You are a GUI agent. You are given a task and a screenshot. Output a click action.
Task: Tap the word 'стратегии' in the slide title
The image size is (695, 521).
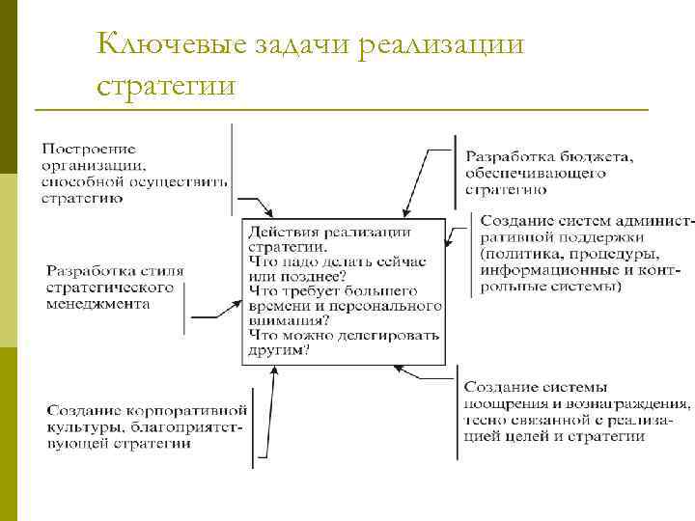coord(166,85)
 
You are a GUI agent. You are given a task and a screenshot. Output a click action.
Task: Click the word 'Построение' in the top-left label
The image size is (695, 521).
coord(89,149)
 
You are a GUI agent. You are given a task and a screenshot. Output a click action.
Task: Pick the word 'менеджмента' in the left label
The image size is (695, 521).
coord(98,303)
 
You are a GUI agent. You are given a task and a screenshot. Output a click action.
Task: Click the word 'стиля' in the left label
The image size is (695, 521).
coord(162,271)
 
